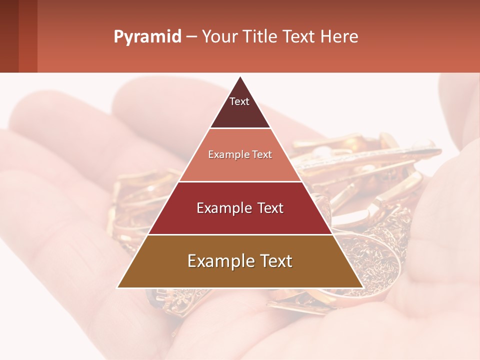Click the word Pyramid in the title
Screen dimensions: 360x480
pyautogui.click(x=147, y=37)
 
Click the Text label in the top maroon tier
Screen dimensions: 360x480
pyautogui.click(x=239, y=101)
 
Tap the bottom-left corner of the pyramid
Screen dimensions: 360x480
pyautogui.click(x=118, y=287)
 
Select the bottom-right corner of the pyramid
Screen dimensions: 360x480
pyautogui.click(x=362, y=287)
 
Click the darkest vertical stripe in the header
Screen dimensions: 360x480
pyautogui.click(x=9, y=36)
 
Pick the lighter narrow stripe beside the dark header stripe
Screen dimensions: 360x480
pyautogui.click(x=28, y=36)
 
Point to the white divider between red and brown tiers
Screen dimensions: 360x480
pyautogui.click(x=240, y=234)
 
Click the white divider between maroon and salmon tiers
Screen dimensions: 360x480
pyautogui.click(x=240, y=128)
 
